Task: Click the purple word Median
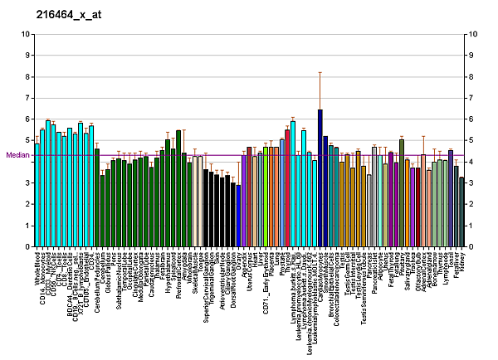coord(17,154)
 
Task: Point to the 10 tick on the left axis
coord(27,34)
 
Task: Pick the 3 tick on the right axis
coord(471,182)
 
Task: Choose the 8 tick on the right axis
coord(471,76)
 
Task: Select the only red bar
coord(287,187)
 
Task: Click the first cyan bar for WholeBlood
coord(37,195)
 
